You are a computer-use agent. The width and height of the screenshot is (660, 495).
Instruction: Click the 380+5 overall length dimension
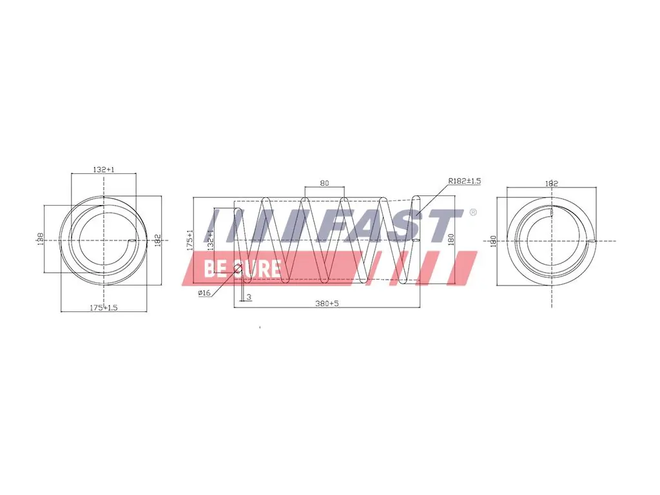pos(327,304)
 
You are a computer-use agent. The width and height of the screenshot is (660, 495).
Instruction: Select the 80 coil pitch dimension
pos(324,183)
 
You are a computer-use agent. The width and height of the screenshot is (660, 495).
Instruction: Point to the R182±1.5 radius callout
pos(465,181)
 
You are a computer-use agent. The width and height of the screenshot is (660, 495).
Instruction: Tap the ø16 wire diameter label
pos(204,293)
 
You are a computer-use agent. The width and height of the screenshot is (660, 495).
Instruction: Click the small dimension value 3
pos(249,297)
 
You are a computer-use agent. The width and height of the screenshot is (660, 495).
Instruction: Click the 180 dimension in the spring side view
pos(451,240)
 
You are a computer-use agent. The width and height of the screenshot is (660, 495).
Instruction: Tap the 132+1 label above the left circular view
pos(103,170)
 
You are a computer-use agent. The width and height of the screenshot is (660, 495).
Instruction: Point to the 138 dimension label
pos(40,240)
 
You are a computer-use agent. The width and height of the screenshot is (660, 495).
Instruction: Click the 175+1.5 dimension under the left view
pos(103,308)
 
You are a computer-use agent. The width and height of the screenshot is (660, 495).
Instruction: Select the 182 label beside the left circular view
pos(156,240)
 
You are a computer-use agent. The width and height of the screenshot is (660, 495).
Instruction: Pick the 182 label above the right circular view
pos(551,184)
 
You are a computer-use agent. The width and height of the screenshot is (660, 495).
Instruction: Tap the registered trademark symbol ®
pos(472,213)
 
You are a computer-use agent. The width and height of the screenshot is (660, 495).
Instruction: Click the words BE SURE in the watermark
pos(242,268)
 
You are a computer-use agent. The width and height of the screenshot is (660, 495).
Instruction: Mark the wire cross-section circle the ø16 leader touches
pos(237,269)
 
